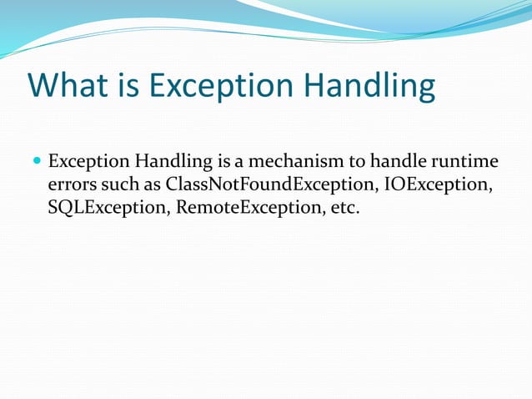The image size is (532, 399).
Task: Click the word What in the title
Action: tap(66, 86)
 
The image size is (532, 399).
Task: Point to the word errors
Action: tap(71, 184)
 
